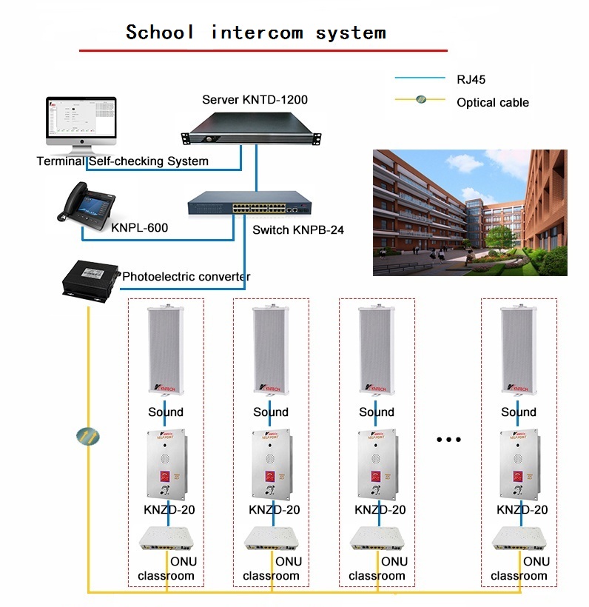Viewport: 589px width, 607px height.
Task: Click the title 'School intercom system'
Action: click(x=256, y=33)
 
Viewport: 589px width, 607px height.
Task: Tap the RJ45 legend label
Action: click(x=471, y=79)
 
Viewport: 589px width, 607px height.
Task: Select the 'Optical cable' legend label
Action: click(x=493, y=102)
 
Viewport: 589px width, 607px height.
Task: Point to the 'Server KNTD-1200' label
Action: click(x=255, y=99)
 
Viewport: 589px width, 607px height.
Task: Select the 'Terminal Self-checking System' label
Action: click(x=123, y=161)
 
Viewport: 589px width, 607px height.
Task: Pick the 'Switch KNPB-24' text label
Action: click(x=297, y=230)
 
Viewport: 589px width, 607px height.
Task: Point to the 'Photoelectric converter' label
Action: click(x=186, y=277)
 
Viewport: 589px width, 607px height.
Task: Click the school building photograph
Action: click(x=470, y=212)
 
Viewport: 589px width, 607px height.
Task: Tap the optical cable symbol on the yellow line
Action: click(x=87, y=437)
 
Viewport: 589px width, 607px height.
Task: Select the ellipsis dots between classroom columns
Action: click(x=448, y=439)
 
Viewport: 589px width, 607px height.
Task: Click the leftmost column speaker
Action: click(x=166, y=349)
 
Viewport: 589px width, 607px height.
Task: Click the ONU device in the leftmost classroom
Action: click(x=166, y=538)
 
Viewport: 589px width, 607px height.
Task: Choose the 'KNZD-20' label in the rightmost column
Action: click(x=522, y=509)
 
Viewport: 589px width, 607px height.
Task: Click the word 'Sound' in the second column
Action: click(x=271, y=412)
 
